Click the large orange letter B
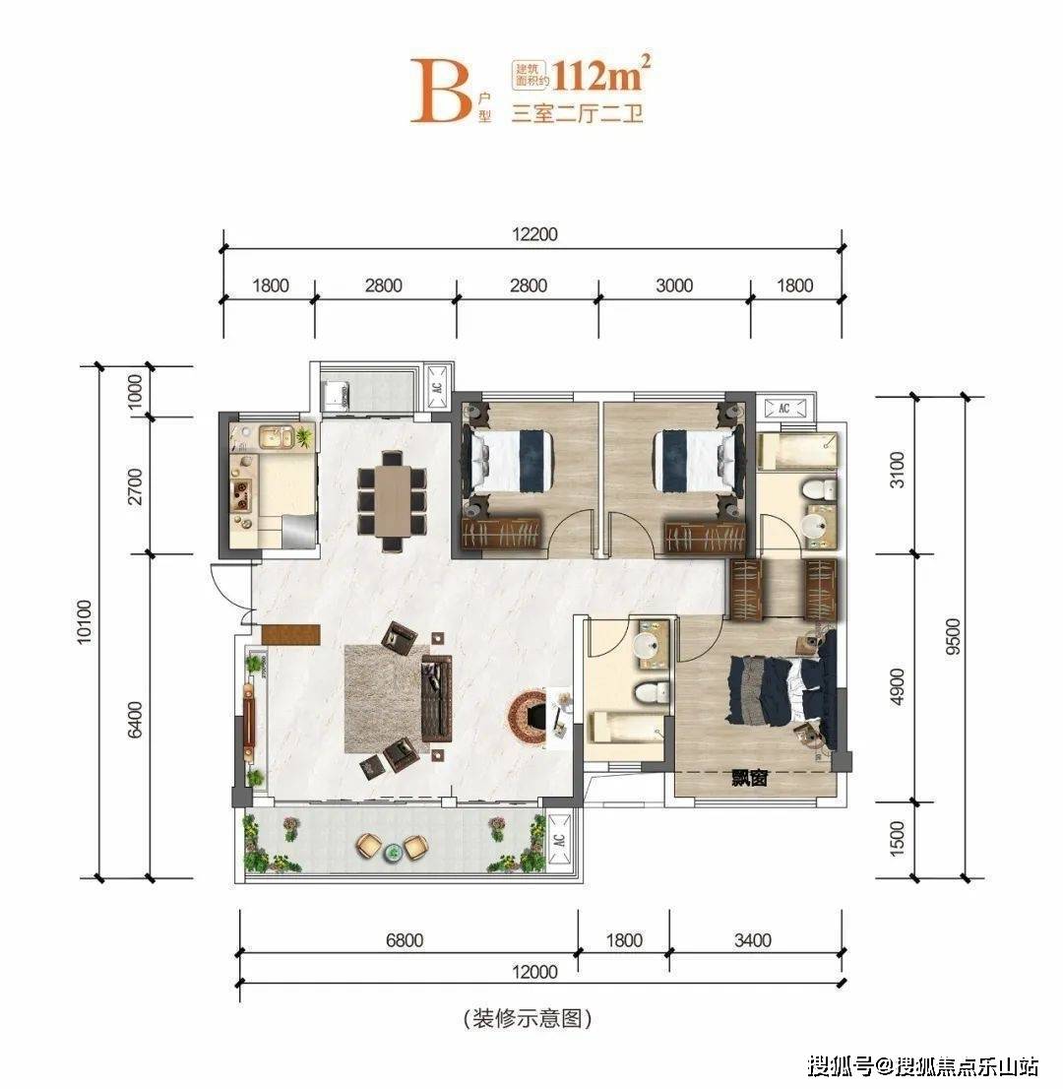point(442,91)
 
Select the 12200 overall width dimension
point(534,234)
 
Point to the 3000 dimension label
point(674,286)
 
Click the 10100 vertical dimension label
point(84,621)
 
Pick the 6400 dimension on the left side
point(135,719)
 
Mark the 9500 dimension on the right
point(954,636)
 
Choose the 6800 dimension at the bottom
point(405,940)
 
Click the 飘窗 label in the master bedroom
point(750,779)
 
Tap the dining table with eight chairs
point(392,501)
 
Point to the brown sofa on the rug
point(437,697)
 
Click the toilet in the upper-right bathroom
point(819,489)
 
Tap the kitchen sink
point(276,437)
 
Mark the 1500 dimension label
point(897,838)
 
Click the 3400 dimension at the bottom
point(753,940)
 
